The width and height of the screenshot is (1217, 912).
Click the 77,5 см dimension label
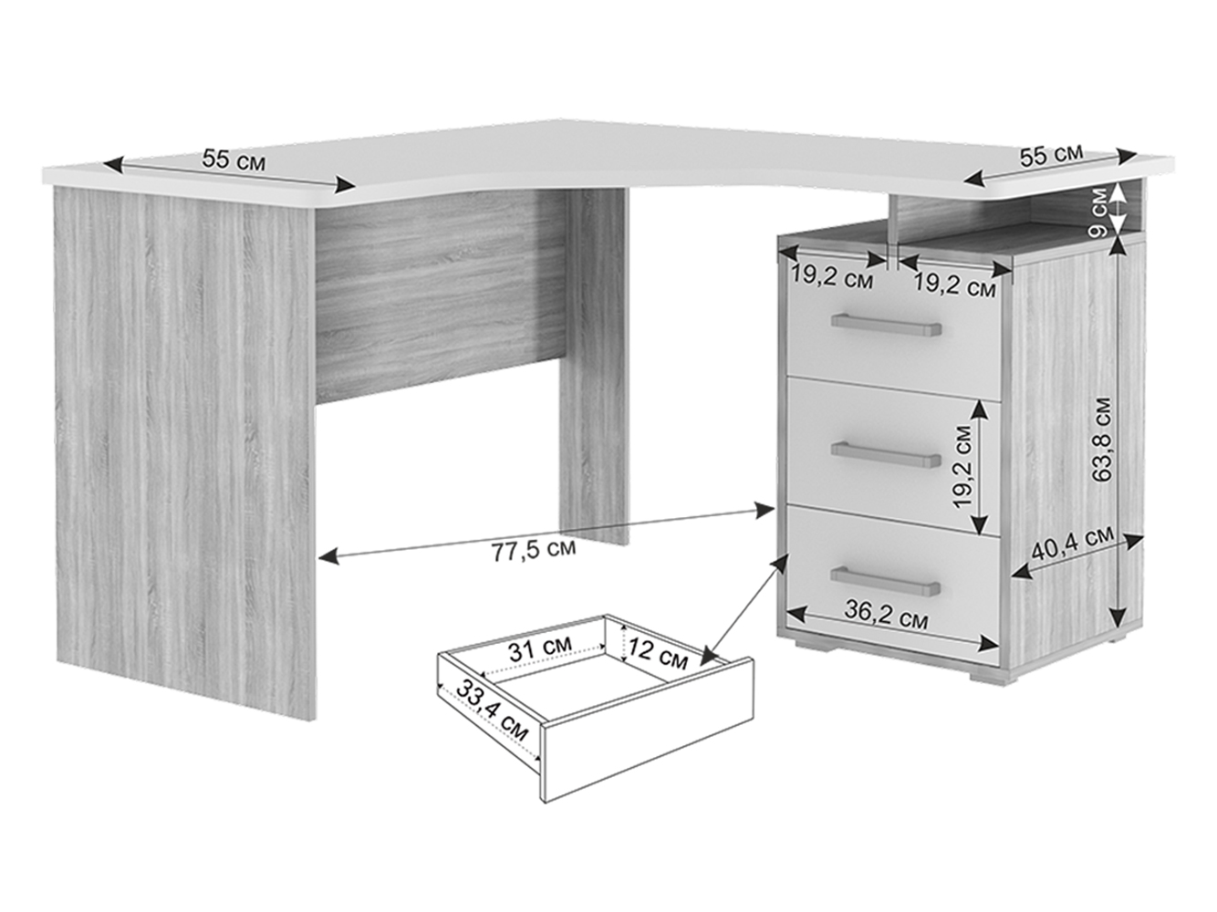[534, 550]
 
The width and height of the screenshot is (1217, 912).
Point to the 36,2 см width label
[886, 615]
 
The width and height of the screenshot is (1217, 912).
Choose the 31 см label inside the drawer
[540, 648]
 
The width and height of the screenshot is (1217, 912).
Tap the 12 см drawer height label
[658, 656]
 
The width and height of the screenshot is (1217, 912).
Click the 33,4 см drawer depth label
[491, 710]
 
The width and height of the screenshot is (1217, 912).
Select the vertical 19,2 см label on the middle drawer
[963, 465]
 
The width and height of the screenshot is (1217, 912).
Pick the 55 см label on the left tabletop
[234, 160]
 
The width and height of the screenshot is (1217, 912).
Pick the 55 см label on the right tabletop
[1052, 156]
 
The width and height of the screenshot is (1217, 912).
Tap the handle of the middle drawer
[886, 455]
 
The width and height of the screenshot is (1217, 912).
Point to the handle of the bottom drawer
[886, 581]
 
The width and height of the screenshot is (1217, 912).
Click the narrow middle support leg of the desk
[594, 366]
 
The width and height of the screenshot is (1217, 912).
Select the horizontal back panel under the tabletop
[439, 296]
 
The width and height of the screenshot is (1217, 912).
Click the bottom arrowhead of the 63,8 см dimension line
[1118, 615]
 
